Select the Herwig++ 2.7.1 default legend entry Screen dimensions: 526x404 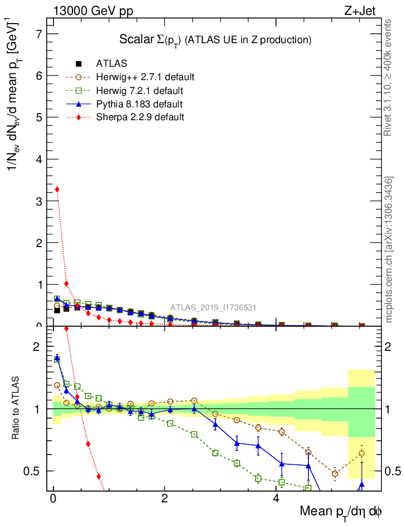tap(145, 77)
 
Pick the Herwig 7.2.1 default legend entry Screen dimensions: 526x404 tap(139, 90)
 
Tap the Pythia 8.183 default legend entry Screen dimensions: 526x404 tap(139, 104)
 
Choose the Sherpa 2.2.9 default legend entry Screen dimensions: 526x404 tap(140, 117)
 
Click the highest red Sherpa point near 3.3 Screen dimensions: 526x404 tap(57, 189)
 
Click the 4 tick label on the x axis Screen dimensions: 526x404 tap(276, 499)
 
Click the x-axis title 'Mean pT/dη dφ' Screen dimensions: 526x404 tap(341, 512)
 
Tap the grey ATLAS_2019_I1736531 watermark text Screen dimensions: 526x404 tap(213, 308)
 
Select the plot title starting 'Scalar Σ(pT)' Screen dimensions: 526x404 tap(215, 39)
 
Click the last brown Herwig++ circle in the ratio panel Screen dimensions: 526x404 tap(362, 453)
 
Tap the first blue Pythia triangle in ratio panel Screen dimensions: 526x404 tap(57, 359)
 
